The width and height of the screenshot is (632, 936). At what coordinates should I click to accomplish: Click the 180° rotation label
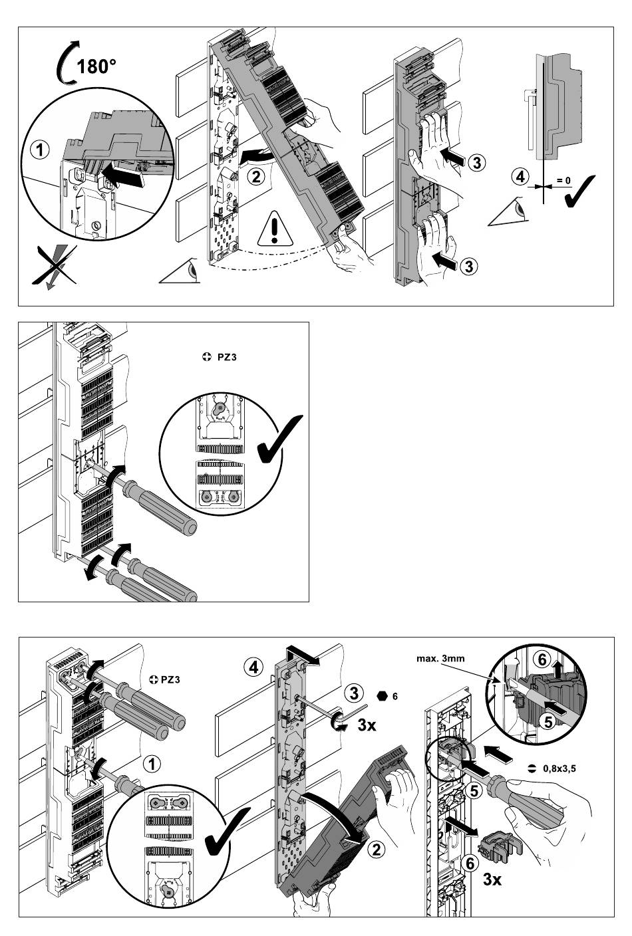click(x=96, y=66)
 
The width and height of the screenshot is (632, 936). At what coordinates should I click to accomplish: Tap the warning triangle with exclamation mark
click(x=274, y=229)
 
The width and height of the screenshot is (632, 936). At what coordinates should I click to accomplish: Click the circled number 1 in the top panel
click(x=41, y=150)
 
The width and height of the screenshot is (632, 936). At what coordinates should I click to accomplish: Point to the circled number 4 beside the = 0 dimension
click(x=521, y=177)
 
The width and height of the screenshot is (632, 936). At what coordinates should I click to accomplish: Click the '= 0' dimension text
click(x=563, y=181)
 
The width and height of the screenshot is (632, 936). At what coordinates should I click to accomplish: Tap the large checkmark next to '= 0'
click(x=579, y=191)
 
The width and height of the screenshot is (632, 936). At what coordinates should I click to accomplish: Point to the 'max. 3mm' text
click(x=440, y=659)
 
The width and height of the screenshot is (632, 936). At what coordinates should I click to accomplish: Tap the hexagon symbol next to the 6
click(x=381, y=696)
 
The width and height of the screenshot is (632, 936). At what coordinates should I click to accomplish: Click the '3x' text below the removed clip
click(x=492, y=879)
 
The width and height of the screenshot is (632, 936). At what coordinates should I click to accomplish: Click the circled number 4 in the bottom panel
click(x=253, y=667)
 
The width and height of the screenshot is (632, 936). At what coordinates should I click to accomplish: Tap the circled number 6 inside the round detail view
click(x=542, y=660)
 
